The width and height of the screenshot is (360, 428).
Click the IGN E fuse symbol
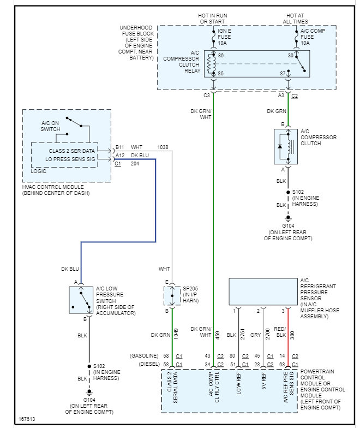click(x=214, y=37)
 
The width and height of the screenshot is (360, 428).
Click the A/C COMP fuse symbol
click(x=297, y=37)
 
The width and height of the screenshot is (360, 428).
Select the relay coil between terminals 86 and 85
click(x=211, y=64)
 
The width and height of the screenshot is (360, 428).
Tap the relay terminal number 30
click(x=290, y=56)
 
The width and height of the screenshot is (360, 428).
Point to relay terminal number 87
click(x=283, y=73)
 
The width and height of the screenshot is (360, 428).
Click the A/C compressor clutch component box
click(x=286, y=146)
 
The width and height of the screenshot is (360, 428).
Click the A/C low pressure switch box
click(x=81, y=300)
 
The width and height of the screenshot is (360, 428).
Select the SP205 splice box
click(x=172, y=296)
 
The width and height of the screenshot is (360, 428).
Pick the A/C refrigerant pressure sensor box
click(x=263, y=292)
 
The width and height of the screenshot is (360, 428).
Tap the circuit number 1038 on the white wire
click(x=163, y=147)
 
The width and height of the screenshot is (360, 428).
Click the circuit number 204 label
click(x=135, y=164)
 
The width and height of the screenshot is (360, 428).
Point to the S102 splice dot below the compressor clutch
click(x=288, y=192)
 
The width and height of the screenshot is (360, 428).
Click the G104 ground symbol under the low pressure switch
click(x=89, y=393)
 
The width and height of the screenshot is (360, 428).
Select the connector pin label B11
click(x=120, y=147)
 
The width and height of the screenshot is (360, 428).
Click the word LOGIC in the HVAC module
click(x=38, y=171)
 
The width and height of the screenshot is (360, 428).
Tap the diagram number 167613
click(x=27, y=419)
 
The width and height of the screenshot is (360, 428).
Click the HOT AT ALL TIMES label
click(x=296, y=19)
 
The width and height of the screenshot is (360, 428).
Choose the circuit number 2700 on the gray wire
click(x=267, y=334)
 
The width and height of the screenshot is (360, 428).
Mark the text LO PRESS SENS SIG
click(x=70, y=159)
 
